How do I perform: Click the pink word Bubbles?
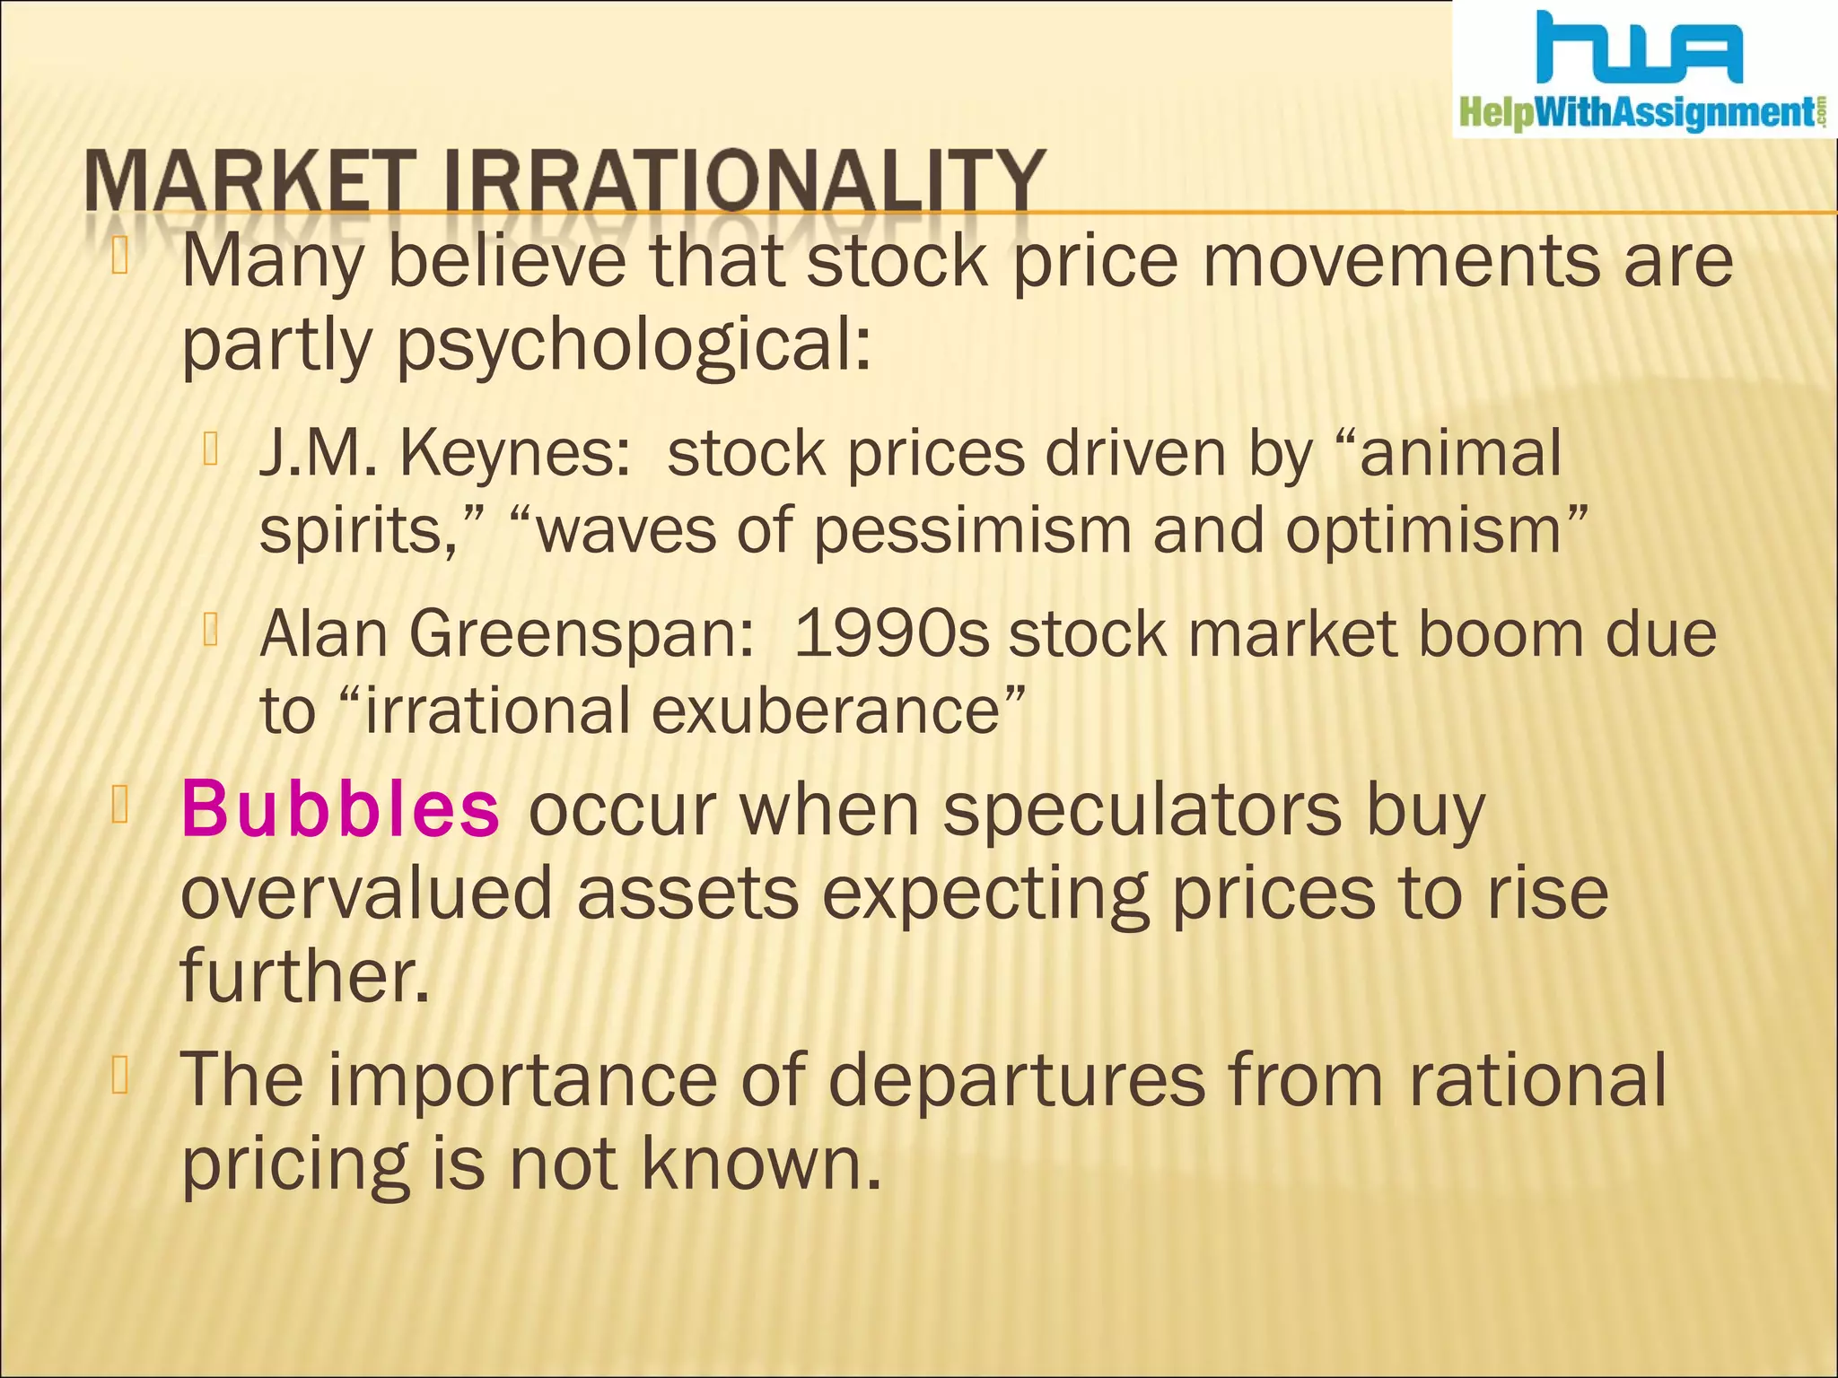pyautogui.click(x=340, y=809)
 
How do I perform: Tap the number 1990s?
pyautogui.click(x=892, y=633)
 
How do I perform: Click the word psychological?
pyautogui.click(x=633, y=348)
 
